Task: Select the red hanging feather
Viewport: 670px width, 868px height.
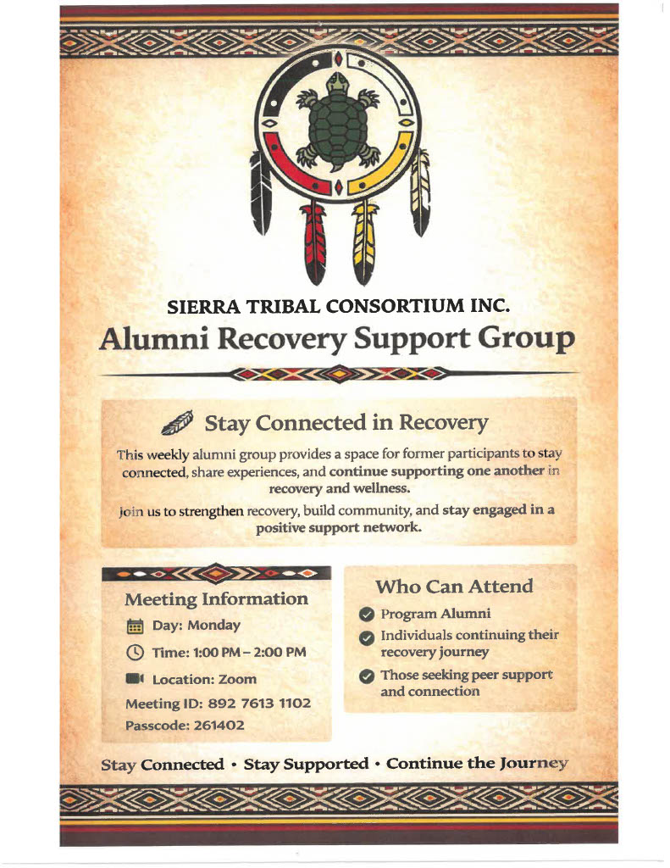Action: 314,241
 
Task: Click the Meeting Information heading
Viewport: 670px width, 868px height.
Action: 216,599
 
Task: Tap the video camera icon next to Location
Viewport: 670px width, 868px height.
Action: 135,679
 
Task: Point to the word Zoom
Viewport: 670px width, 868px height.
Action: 239,679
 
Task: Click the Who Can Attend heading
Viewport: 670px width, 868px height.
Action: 454,587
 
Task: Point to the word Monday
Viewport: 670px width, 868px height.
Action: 213,626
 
